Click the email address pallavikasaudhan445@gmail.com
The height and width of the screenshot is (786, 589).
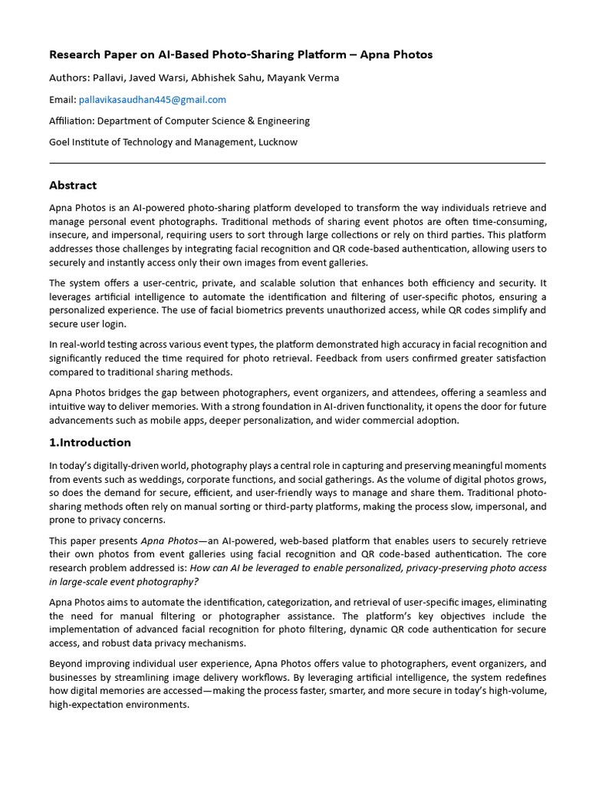point(152,100)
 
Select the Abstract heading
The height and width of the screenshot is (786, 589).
point(73,185)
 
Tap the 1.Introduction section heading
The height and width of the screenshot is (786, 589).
point(90,443)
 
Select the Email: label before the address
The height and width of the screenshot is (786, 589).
point(63,100)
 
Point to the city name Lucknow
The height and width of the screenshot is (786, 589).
point(278,142)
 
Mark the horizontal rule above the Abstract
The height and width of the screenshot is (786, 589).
point(297,163)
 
